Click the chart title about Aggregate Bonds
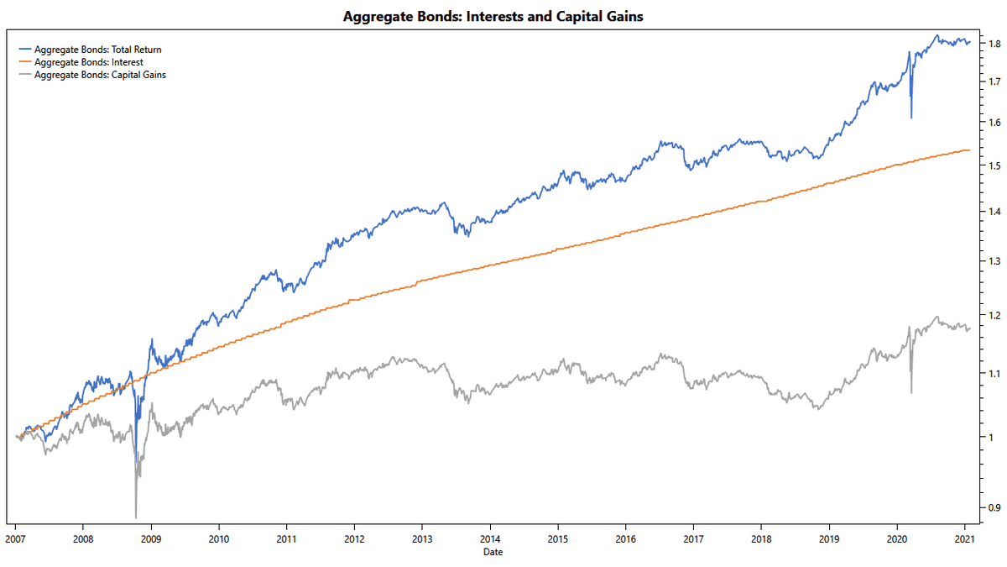[493, 16]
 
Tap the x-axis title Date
[493, 552]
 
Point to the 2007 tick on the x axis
[15, 538]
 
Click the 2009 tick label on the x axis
[150, 538]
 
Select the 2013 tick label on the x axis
[422, 538]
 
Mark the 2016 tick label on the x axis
[626, 538]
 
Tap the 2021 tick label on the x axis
[965, 538]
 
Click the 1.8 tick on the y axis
[994, 44]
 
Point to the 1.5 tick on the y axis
[994, 165]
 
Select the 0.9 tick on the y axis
[994, 507]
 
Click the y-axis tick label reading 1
[989, 438]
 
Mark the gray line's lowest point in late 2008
[136, 517]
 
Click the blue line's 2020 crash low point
[911, 118]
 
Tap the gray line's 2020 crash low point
[911, 392]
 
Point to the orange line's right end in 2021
[970, 150]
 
